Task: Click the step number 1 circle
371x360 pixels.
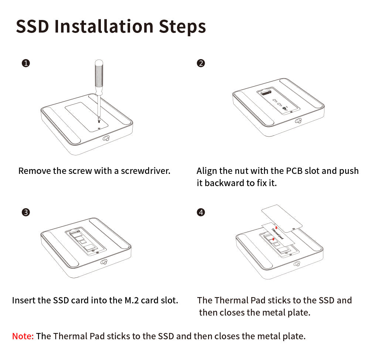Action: [x=26, y=63]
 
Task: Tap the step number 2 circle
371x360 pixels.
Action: [x=201, y=63]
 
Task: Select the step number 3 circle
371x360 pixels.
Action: [x=26, y=212]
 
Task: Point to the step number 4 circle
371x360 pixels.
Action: [x=201, y=212]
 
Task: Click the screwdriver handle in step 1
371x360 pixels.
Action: [x=99, y=76]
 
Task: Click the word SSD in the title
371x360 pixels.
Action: [x=33, y=26]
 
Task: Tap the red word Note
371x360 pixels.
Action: [x=23, y=336]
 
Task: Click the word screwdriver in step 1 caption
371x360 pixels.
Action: [x=146, y=171]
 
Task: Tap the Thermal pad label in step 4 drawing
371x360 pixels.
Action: [x=278, y=233]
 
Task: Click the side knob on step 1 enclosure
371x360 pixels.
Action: [x=106, y=138]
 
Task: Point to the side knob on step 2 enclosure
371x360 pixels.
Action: [x=298, y=121]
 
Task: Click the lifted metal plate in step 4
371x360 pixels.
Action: [x=282, y=218]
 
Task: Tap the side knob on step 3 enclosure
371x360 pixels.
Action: [x=104, y=262]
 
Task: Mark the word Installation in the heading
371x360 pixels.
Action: [x=104, y=26]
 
